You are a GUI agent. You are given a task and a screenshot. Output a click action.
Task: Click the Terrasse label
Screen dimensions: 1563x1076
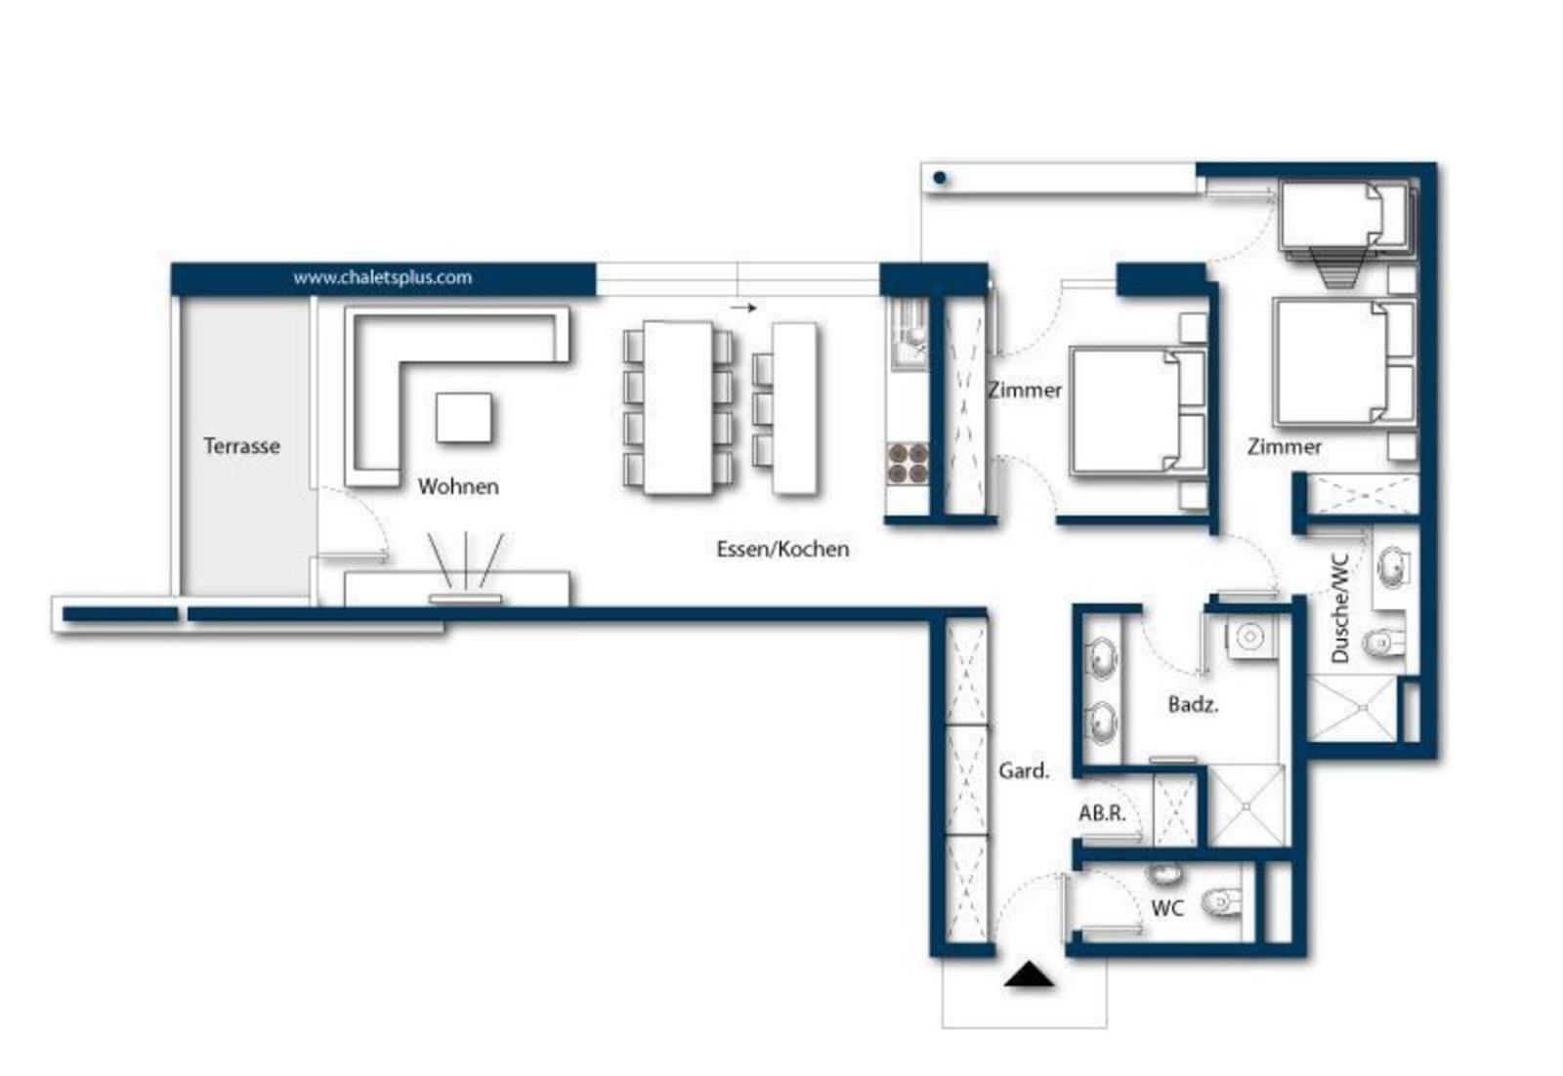tap(241, 445)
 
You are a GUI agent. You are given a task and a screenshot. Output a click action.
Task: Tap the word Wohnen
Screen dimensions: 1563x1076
tap(458, 486)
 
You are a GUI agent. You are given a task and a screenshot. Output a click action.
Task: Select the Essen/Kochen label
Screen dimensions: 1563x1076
tap(782, 549)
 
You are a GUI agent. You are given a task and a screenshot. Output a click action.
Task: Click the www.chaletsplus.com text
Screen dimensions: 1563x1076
tap(382, 277)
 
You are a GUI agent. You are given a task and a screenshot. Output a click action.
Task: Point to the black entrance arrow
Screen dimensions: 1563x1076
tap(1030, 974)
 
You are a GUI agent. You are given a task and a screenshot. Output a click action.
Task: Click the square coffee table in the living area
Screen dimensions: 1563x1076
tap(463, 417)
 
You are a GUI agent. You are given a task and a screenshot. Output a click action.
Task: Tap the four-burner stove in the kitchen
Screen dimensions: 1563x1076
tap(908, 463)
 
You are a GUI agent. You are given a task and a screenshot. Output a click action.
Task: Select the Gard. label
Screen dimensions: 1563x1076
tap(1024, 770)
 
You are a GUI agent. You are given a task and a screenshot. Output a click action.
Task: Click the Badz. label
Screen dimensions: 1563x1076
tap(1193, 704)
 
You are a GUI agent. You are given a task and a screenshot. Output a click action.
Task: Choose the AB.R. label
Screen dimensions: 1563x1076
tap(1103, 812)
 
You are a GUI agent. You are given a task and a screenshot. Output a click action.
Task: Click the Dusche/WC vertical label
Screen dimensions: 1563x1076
tap(1340, 608)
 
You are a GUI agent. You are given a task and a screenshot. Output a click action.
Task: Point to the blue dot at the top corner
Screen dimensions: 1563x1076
tap(940, 178)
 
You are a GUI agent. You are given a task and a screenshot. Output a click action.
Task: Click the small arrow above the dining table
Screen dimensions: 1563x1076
tap(743, 308)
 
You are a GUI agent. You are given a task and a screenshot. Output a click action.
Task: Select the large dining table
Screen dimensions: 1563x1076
tap(678, 408)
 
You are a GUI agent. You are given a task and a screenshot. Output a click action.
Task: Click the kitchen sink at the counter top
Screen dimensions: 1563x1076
tap(908, 336)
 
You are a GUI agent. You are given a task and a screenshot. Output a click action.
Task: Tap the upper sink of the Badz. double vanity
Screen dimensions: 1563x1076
tap(1103, 658)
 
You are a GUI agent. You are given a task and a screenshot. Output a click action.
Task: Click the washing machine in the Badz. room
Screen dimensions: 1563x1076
tap(1249, 637)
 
